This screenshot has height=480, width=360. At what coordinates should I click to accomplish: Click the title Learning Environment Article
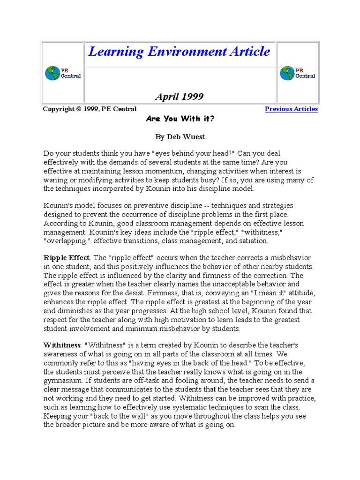(x=179, y=52)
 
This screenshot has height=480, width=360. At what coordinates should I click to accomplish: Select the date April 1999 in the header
(x=179, y=97)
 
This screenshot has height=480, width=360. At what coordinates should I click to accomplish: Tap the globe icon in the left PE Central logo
(x=52, y=73)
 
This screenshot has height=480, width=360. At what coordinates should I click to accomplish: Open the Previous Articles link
(x=291, y=109)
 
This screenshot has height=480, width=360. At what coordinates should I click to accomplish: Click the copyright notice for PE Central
(x=90, y=109)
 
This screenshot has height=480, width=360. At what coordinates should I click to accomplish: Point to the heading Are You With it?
(x=180, y=119)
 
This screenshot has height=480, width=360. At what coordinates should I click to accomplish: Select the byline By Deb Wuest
(x=180, y=136)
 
